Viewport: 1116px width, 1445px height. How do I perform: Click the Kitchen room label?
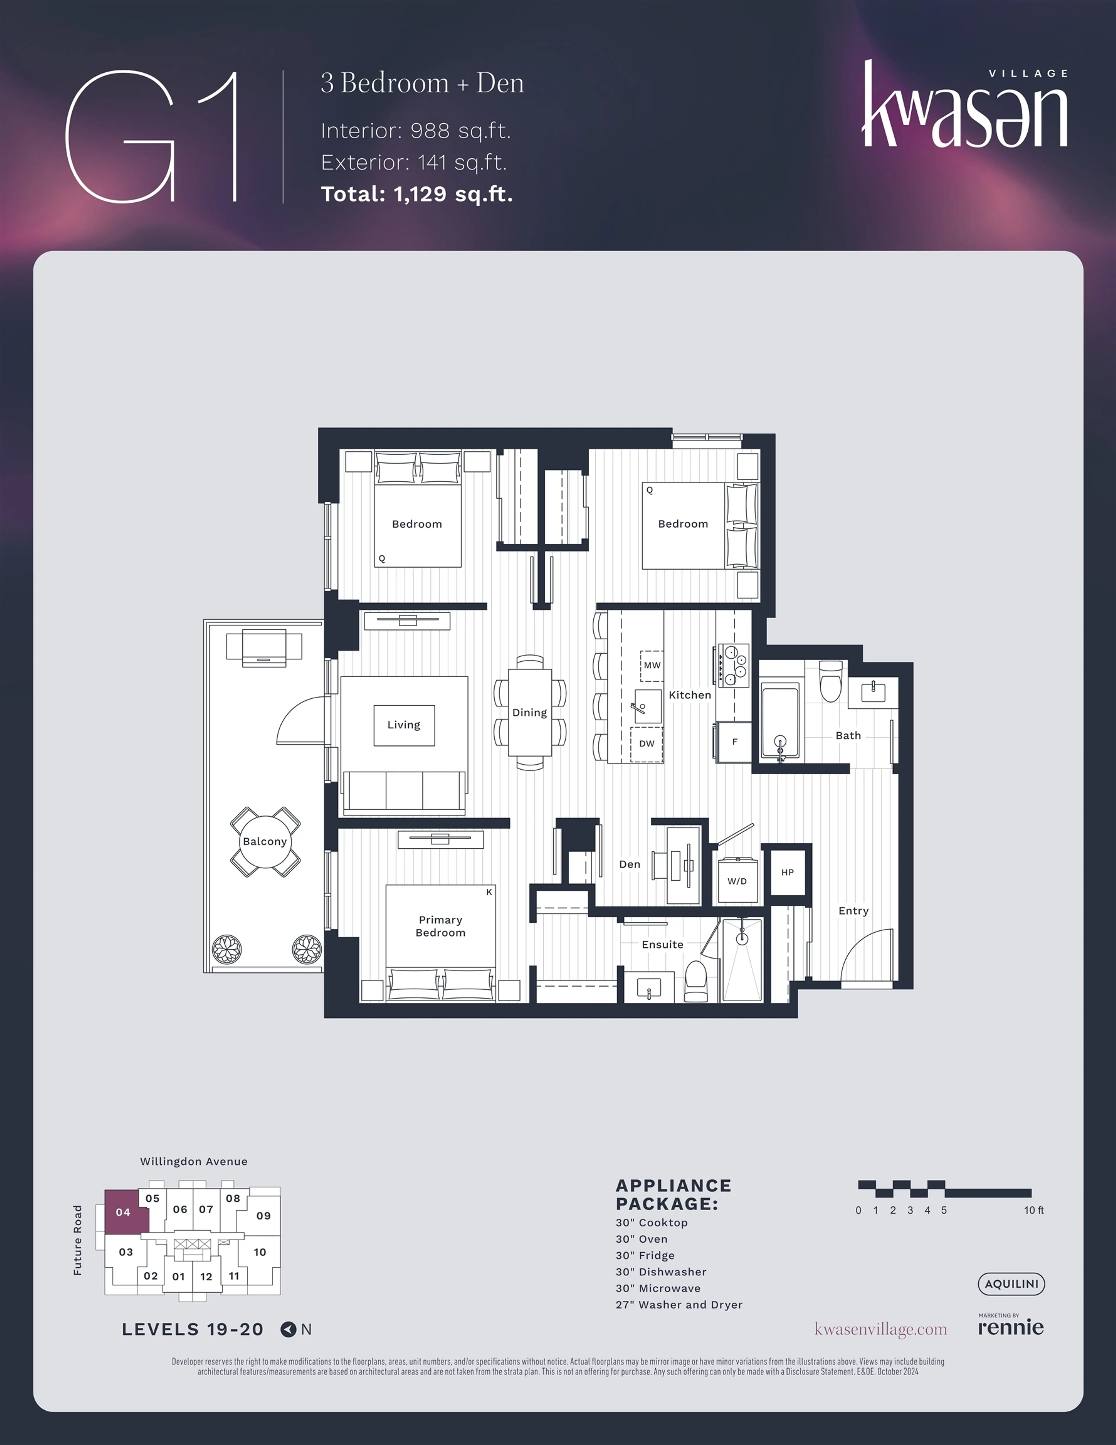(x=689, y=695)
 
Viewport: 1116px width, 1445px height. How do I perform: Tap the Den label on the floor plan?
(x=629, y=864)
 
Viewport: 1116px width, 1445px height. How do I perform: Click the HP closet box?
(x=787, y=872)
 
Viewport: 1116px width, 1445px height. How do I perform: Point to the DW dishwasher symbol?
(x=646, y=744)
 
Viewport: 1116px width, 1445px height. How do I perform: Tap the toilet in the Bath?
(x=831, y=681)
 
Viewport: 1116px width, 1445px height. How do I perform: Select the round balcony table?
(x=264, y=842)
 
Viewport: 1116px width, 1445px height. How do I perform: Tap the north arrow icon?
(x=288, y=1329)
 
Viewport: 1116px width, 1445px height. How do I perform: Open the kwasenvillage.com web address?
(x=881, y=1329)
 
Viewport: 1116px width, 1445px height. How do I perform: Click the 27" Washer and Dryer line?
(x=679, y=1305)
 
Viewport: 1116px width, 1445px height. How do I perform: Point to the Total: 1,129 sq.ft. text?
(x=417, y=194)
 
